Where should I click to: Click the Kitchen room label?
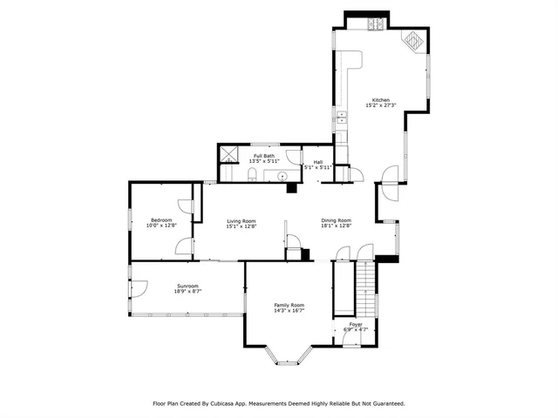381,100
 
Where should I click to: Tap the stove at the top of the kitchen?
376,24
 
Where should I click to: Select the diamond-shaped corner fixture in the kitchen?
412,40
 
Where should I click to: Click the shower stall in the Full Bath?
229,155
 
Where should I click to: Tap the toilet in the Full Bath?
251,176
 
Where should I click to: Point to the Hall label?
317,161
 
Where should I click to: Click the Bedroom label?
161,219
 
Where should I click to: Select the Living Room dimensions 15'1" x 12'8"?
241,226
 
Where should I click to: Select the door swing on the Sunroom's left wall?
139,288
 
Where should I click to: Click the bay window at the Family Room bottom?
288,355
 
